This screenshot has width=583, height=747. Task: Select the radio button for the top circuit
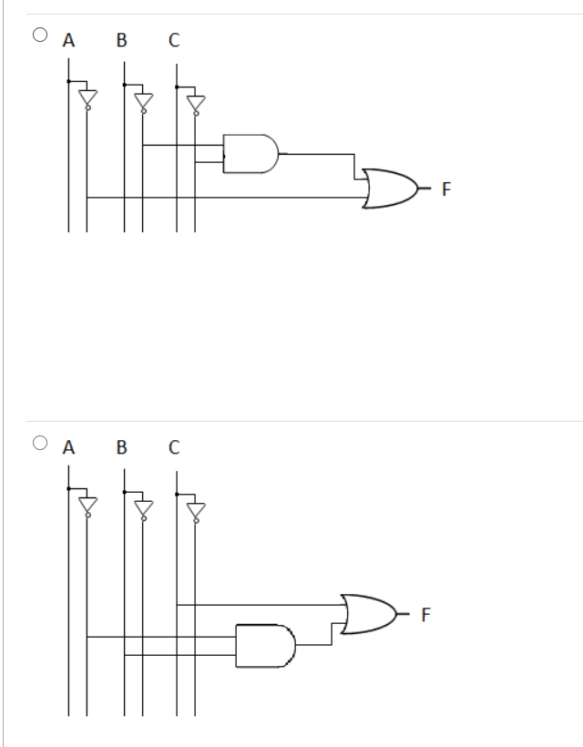click(x=39, y=36)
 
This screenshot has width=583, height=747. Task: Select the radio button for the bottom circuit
click(x=39, y=443)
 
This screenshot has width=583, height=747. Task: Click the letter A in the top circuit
click(x=67, y=40)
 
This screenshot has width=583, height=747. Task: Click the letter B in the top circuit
click(x=121, y=40)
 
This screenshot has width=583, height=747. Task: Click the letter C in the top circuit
click(x=174, y=40)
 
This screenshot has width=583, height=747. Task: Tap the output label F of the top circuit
click(x=445, y=190)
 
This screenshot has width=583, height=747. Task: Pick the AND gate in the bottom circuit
click(x=265, y=645)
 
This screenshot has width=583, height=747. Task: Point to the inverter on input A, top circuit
click(x=87, y=98)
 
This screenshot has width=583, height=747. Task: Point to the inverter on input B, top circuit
click(x=142, y=100)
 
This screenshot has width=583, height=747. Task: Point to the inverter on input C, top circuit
click(x=194, y=102)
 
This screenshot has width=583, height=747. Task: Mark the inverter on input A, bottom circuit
click(x=87, y=506)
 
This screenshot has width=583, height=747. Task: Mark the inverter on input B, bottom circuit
click(x=142, y=507)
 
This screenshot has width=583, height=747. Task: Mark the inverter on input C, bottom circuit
click(x=194, y=509)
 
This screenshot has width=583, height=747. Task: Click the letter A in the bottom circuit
click(x=67, y=447)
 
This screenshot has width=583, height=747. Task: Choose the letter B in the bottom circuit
click(x=121, y=447)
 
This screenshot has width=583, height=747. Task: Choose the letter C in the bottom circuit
click(x=174, y=447)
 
